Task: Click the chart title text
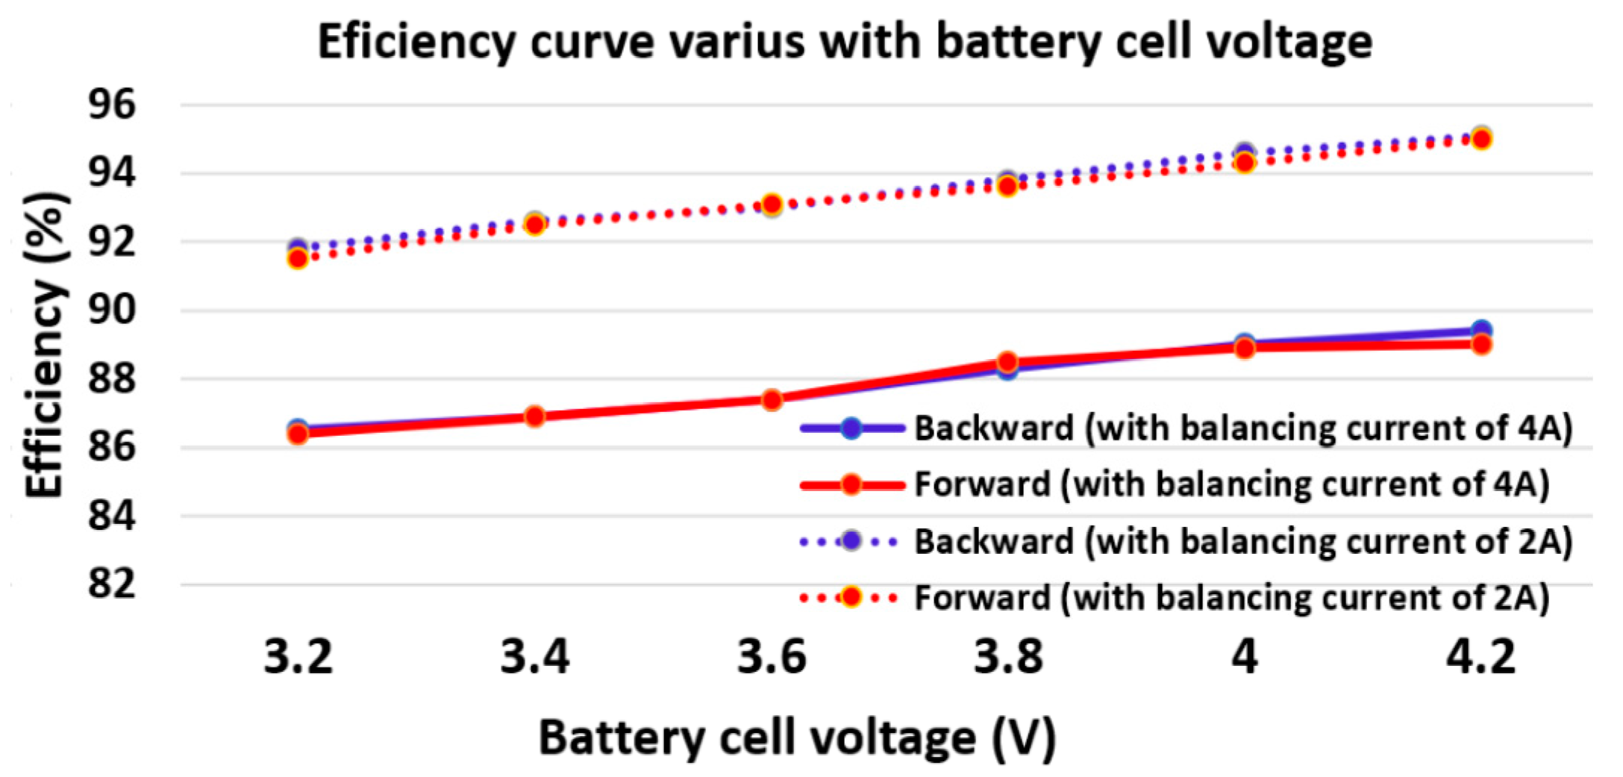click(x=844, y=42)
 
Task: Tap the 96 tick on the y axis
click(x=112, y=104)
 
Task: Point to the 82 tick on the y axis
click(x=112, y=584)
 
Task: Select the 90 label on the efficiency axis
click(x=112, y=310)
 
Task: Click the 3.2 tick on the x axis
click(x=298, y=658)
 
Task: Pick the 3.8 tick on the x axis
click(x=1007, y=658)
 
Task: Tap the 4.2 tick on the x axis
click(x=1480, y=658)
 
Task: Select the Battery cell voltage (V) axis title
click(x=797, y=737)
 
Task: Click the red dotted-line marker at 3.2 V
click(x=298, y=259)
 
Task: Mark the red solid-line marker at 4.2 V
click(x=1481, y=345)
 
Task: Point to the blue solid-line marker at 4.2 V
click(x=1481, y=329)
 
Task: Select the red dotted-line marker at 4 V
click(x=1244, y=163)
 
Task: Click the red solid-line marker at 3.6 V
click(x=772, y=400)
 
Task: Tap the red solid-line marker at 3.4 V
click(x=534, y=416)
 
